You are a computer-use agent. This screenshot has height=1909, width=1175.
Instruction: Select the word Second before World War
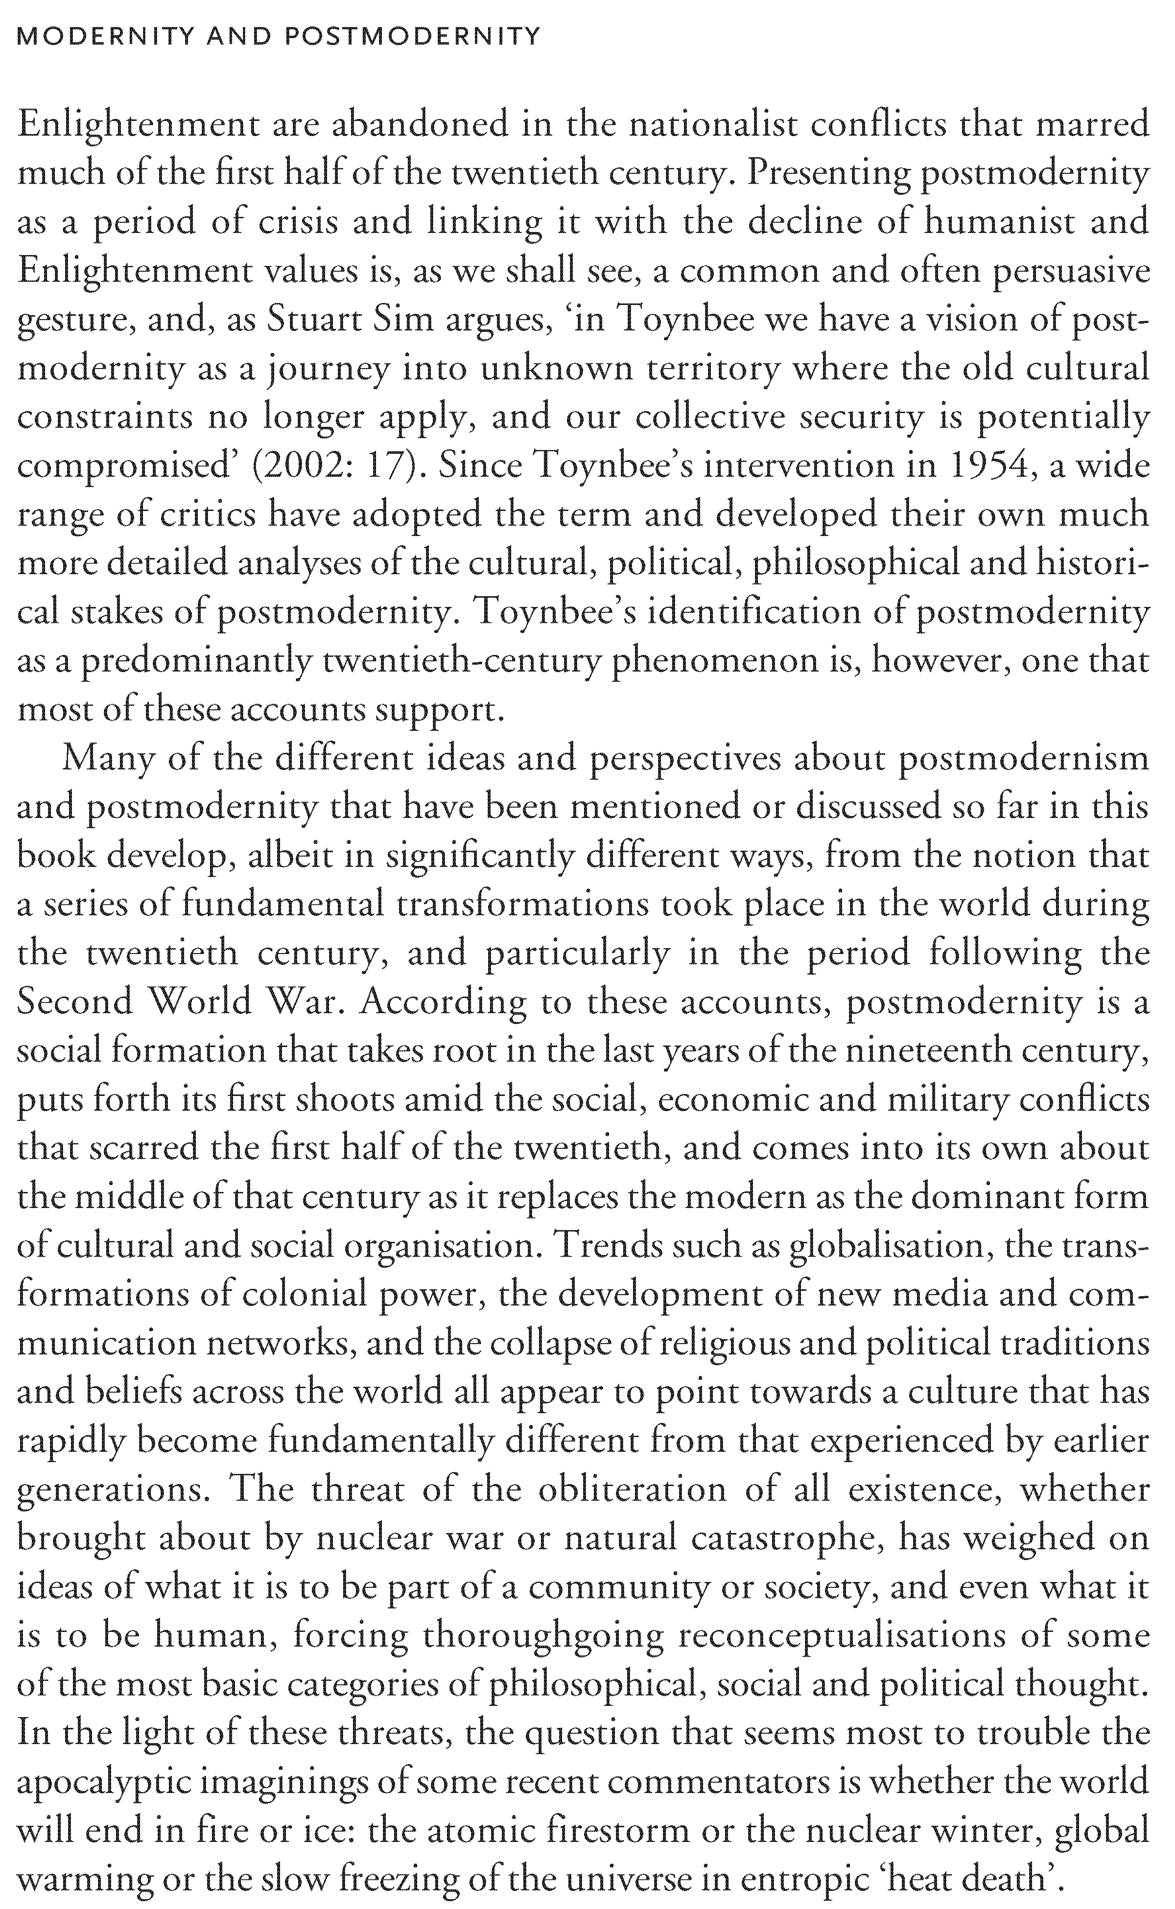(74, 1003)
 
